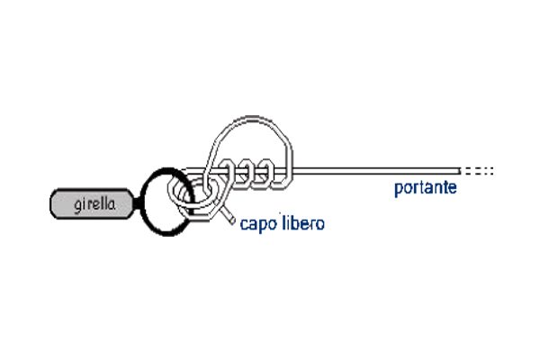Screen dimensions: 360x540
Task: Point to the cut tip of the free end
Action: [x=235, y=220]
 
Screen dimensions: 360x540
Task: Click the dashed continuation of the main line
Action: [x=478, y=170]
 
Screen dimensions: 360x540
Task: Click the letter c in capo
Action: [x=244, y=224]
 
